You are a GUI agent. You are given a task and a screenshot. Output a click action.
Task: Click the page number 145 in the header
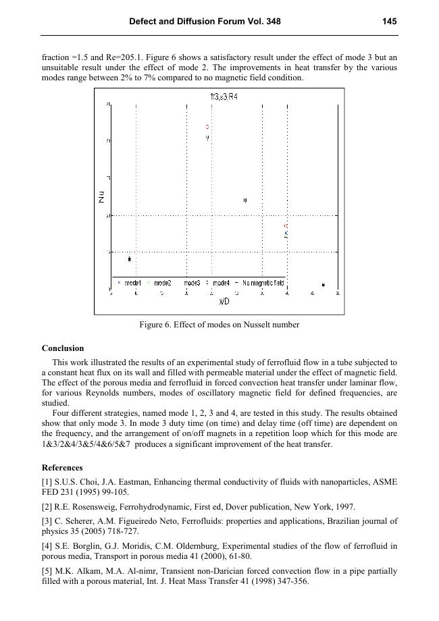coord(389,22)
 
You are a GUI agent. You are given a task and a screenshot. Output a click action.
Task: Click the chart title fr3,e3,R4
coord(224,97)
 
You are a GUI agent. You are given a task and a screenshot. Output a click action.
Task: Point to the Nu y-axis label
coord(101,197)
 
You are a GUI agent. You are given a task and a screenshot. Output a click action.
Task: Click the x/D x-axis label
coord(224,301)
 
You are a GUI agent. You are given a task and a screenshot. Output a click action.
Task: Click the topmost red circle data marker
coord(208,127)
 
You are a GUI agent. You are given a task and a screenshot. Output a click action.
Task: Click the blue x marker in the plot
coord(286,233)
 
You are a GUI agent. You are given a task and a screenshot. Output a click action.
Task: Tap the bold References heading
coord(62,467)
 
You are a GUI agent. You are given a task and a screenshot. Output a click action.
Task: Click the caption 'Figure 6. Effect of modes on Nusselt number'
coord(219,325)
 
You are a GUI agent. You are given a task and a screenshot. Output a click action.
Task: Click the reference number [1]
coord(47,482)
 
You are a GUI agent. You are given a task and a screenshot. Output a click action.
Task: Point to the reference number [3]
coord(47,521)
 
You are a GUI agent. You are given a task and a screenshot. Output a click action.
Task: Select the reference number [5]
coord(47,571)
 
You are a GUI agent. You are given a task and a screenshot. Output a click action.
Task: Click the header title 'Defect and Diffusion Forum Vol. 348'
coord(205,22)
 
